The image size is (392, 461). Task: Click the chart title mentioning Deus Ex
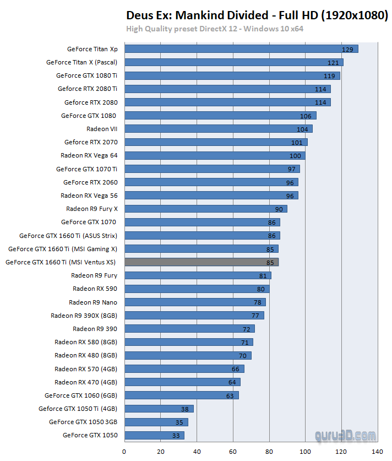[x=257, y=15]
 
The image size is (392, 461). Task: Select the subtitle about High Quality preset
[x=215, y=29]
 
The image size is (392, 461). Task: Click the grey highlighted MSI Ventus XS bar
[x=201, y=262]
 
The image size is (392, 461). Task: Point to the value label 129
[x=347, y=50]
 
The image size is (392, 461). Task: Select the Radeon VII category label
[x=102, y=129]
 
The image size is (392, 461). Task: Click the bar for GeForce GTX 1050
[x=154, y=435]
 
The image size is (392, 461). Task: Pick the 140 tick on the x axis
[x=378, y=452]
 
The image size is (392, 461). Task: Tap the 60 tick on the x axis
[x=233, y=452]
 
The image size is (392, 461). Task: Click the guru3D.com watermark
[x=345, y=435]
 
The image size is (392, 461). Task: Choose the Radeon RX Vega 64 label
[x=89, y=155]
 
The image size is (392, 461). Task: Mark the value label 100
[x=295, y=156]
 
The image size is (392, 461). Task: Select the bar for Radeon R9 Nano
[x=195, y=302]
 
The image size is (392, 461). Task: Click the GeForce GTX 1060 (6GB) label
[x=81, y=395]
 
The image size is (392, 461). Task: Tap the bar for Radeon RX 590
[x=197, y=289]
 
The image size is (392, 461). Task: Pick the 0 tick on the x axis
[x=124, y=452]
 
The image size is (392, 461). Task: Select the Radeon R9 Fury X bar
[x=205, y=209]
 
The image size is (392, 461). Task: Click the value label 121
[x=333, y=63]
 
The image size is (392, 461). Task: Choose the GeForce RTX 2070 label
[x=91, y=142]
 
